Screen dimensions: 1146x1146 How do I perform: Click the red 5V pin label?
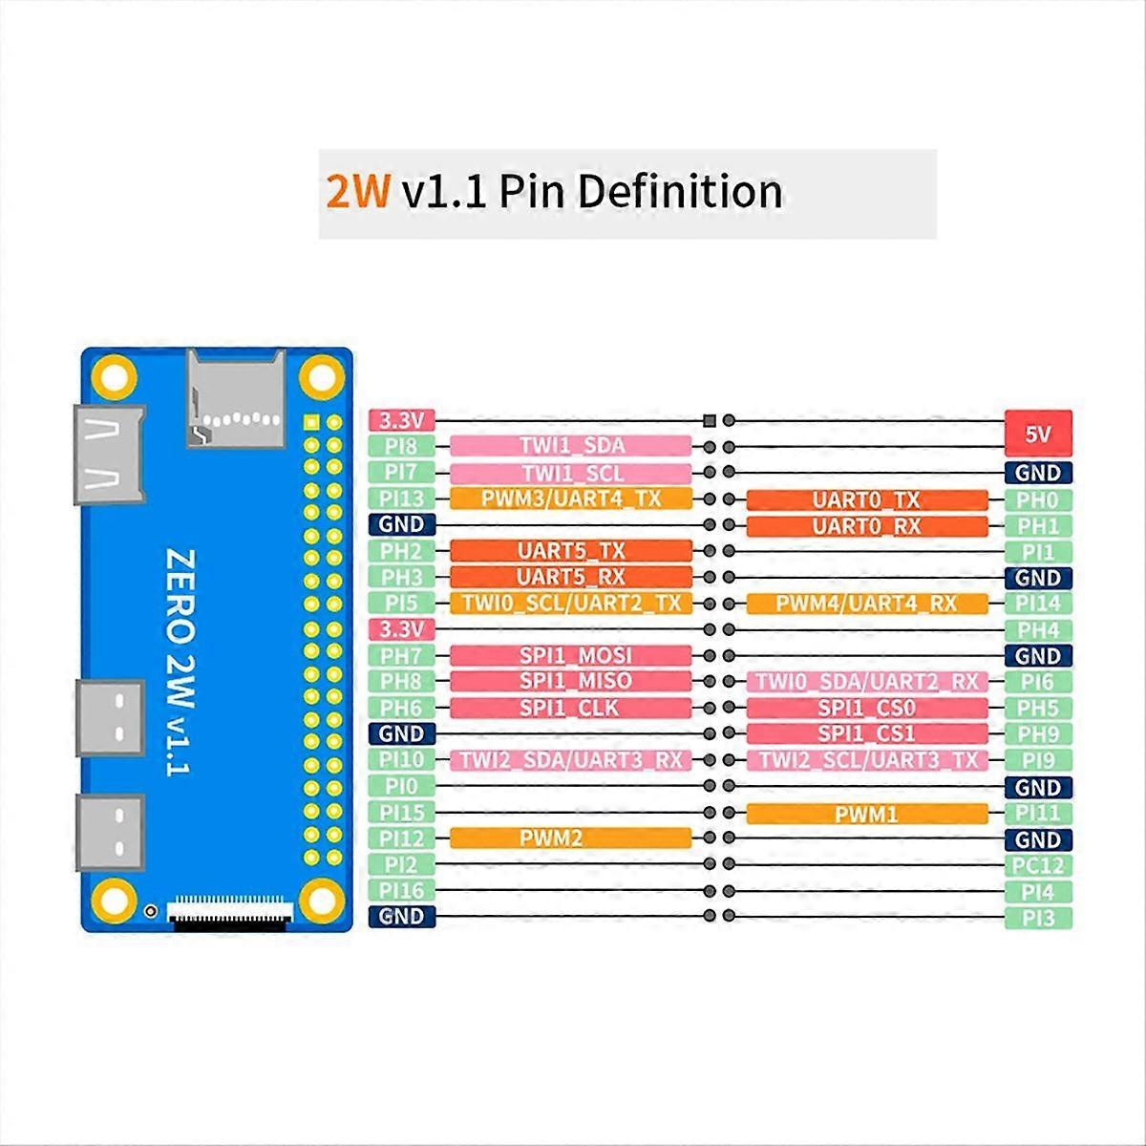1038,433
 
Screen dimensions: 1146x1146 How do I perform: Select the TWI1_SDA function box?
570,446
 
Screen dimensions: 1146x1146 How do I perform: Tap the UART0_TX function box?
866,500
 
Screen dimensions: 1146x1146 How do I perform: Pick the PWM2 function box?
570,838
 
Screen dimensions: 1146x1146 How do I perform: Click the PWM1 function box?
866,814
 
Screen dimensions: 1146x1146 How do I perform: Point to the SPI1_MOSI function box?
570,656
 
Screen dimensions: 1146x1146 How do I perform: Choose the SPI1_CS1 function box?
866,733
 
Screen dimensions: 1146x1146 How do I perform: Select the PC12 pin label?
1038,866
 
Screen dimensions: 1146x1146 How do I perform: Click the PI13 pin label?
402,499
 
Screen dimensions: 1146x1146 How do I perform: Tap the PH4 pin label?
1038,630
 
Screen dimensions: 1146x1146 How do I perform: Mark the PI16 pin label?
402,891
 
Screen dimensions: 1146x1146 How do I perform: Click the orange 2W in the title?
358,192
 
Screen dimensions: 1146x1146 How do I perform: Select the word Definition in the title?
680,192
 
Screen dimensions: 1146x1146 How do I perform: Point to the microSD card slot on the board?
235,398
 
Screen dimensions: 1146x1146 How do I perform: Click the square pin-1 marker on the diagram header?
709,420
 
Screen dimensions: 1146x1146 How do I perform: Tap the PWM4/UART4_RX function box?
866,604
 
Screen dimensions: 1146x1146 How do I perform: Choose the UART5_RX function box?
570,578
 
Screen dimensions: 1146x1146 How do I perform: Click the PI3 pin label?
1038,918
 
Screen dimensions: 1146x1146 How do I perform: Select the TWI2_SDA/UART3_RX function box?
570,760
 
